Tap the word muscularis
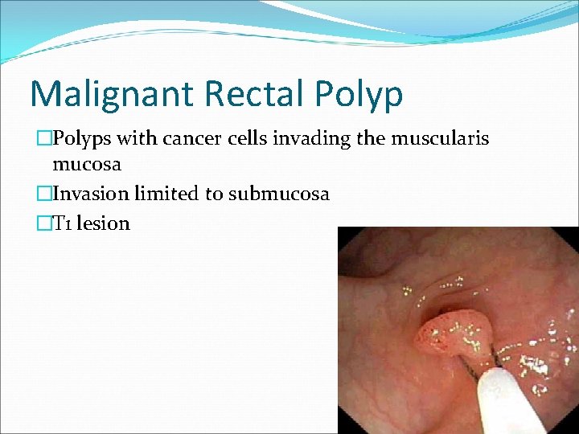tap(440, 139)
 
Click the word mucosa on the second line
tap(87, 165)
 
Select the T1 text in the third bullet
tap(62, 223)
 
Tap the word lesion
tap(104, 223)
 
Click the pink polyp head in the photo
tap(450, 338)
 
